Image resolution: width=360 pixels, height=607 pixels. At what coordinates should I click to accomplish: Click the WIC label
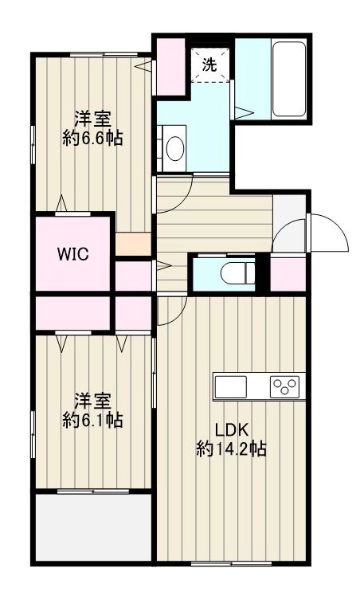(72, 255)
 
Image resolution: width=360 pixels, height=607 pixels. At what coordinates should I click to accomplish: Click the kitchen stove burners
(284, 388)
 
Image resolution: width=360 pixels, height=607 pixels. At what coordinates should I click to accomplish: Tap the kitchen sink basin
(232, 388)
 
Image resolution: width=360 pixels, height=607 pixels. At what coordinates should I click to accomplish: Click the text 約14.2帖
(231, 449)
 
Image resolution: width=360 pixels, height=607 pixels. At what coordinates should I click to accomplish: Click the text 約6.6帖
(92, 138)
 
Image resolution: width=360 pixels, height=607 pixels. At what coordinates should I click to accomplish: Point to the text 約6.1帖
(92, 419)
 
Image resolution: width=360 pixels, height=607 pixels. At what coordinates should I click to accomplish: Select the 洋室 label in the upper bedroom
(92, 118)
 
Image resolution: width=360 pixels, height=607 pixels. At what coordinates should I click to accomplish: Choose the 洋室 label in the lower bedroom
(92, 399)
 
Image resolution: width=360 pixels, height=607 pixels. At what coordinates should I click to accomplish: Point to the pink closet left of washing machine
(170, 65)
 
